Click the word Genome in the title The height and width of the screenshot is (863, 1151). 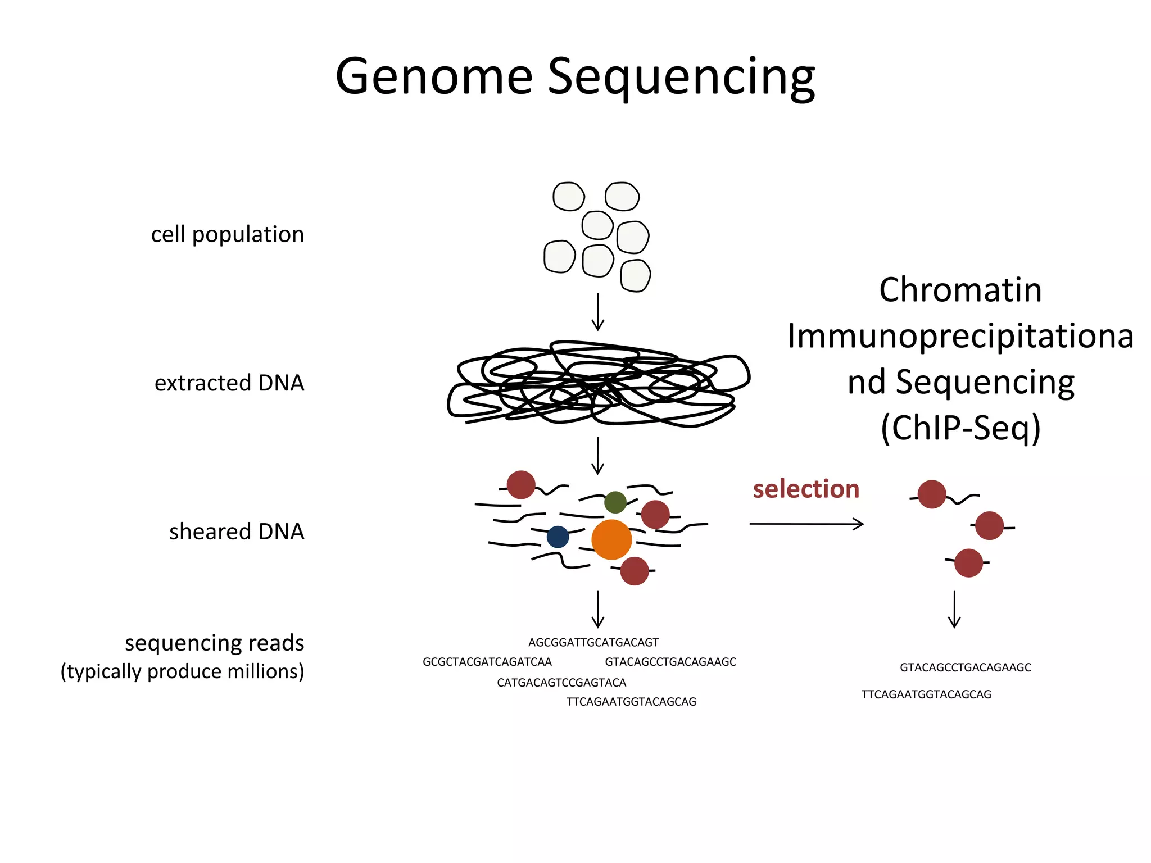click(433, 77)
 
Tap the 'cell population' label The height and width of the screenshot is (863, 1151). click(227, 234)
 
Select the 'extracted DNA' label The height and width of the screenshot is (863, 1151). click(229, 383)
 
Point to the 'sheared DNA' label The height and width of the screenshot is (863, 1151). click(237, 532)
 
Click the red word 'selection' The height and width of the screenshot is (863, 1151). click(806, 489)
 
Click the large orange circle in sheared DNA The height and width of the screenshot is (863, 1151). click(611, 539)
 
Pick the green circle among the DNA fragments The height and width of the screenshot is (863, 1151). click(615, 502)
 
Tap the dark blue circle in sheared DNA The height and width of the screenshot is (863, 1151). click(558, 537)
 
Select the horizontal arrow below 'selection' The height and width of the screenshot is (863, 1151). click(806, 524)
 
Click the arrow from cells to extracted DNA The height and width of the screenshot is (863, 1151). click(598, 312)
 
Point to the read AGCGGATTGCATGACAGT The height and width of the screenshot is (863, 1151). click(593, 642)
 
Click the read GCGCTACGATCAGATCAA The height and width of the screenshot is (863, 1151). click(487, 662)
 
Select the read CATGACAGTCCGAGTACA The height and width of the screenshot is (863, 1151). click(561, 683)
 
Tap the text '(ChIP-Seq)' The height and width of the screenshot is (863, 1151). click(960, 428)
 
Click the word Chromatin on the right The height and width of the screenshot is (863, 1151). click(960, 290)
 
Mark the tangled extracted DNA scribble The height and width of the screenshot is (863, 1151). click(598, 383)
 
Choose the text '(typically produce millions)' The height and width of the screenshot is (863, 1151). click(182, 671)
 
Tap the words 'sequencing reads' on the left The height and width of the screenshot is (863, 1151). click(214, 643)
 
